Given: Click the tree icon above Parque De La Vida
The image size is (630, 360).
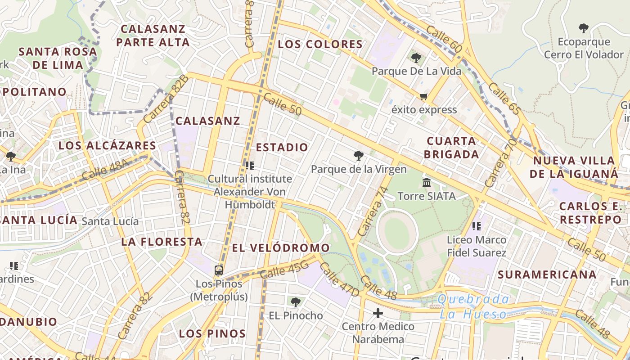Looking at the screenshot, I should click(x=416, y=58).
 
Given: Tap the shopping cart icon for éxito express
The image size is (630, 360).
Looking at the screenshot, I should click(x=423, y=96).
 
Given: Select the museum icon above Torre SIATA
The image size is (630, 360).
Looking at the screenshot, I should click(x=427, y=183).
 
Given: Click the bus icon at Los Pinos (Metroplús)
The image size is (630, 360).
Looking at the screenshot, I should click(x=219, y=270).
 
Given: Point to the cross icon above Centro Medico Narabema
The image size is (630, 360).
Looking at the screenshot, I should click(x=378, y=313).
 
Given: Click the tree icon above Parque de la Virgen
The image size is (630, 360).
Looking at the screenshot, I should click(x=359, y=156).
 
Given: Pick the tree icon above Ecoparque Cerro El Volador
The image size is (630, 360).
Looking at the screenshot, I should click(x=584, y=28).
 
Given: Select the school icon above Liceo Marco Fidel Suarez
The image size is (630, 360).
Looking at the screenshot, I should click(x=477, y=226).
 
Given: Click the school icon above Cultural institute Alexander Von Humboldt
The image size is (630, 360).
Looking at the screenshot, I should click(x=250, y=166).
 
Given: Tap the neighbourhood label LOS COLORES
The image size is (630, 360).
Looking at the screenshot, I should click(x=320, y=44).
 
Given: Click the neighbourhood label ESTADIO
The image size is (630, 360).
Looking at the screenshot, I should click(x=282, y=147).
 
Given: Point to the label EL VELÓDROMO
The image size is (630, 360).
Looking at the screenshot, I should click(x=281, y=248).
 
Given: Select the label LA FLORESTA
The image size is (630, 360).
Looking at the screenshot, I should click(x=162, y=242).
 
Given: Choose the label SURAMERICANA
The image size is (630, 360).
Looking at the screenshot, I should click(x=547, y=274).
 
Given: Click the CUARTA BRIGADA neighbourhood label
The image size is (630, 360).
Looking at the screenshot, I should click(x=451, y=148).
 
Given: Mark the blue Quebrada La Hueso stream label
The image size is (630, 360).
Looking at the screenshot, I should click(x=473, y=306).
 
